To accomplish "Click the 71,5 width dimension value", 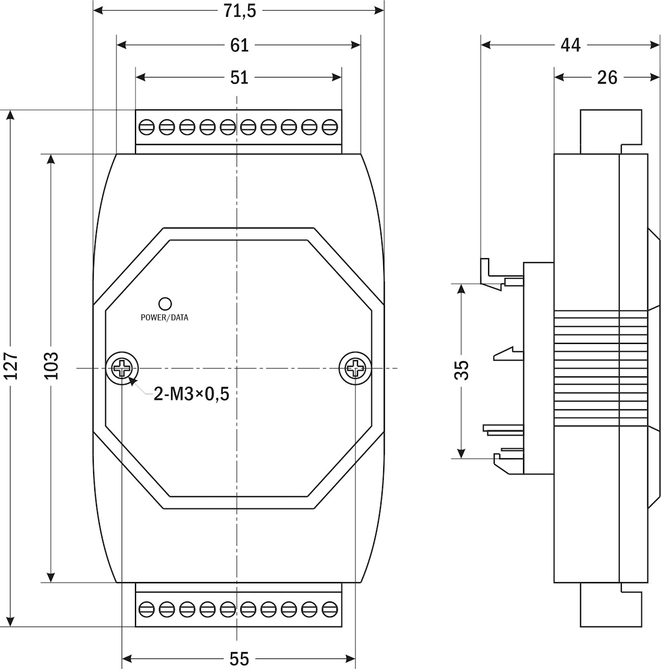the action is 239,11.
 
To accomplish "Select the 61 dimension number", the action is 239,45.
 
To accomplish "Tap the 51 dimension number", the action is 239,77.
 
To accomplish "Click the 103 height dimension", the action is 51,366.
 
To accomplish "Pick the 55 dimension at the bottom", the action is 239,658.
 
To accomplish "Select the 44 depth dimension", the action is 571,45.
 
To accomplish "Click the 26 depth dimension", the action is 607,77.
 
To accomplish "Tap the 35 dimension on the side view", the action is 461,370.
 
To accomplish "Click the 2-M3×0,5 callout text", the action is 191,394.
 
